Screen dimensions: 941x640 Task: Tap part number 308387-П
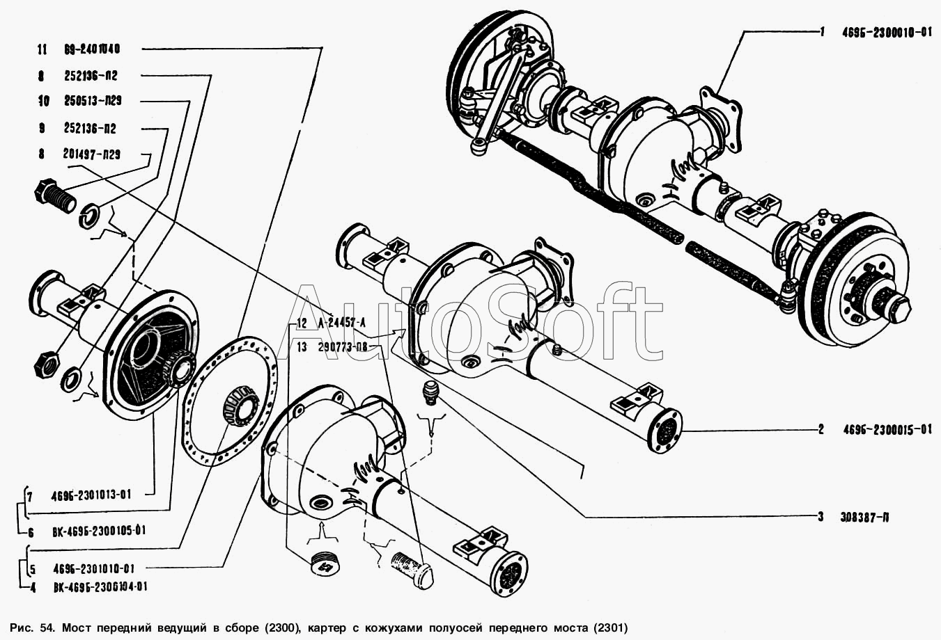[x=862, y=517]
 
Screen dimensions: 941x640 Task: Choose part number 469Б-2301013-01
[x=91, y=495]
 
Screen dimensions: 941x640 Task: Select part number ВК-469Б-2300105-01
[x=99, y=531]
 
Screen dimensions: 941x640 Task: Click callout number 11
[x=42, y=49]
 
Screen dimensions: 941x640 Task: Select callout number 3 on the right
[x=821, y=517]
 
